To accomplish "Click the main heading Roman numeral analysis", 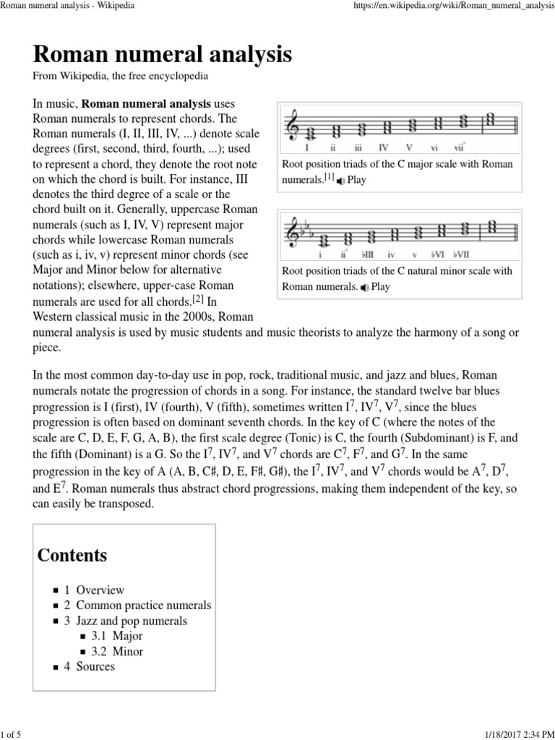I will tap(162, 54).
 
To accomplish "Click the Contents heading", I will tap(72, 555).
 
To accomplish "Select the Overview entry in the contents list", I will tap(100, 590).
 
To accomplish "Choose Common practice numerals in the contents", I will tap(143, 605).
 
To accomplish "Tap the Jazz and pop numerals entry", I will tap(131, 621).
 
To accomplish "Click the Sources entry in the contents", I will tap(95, 666).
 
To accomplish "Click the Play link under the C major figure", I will tap(356, 180).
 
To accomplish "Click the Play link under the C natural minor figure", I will tap(379, 287).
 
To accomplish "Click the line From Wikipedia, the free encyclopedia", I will tap(121, 76).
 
